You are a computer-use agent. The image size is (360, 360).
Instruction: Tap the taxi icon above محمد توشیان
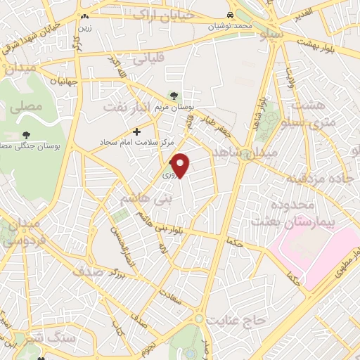click(231, 15)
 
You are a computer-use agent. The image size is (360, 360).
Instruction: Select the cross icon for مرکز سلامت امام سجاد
click(136, 131)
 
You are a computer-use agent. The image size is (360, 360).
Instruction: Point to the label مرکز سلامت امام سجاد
click(136, 141)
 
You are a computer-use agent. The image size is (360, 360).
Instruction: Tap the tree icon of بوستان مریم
click(174, 96)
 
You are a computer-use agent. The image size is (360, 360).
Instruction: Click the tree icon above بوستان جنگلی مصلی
click(27, 134)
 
